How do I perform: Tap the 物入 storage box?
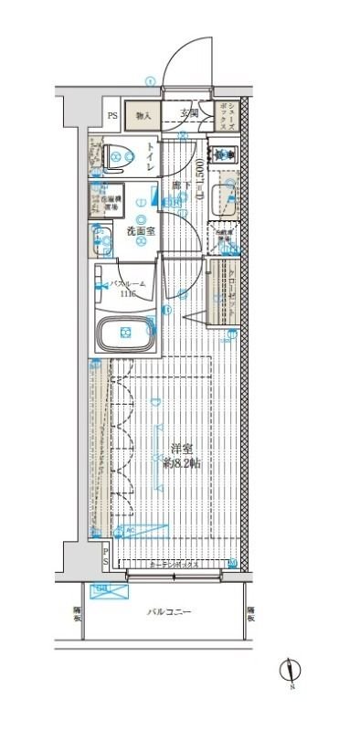point(143,115)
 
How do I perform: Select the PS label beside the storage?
point(112,116)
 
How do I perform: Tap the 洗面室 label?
point(140,231)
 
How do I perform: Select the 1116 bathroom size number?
point(125,294)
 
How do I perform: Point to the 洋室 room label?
point(181,450)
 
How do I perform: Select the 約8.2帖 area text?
point(181,464)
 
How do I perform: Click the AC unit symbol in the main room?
point(128,529)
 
